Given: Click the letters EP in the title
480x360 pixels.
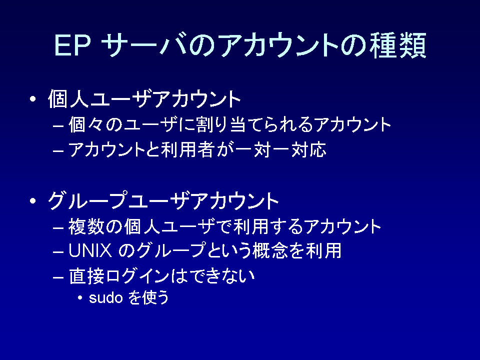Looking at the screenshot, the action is pyautogui.click(x=72, y=45).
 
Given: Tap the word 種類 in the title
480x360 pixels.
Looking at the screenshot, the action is pyautogui.click(x=397, y=45).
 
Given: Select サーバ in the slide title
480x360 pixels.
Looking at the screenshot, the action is pyautogui.click(x=144, y=45).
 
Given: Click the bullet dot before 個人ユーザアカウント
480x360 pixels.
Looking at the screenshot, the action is pyautogui.click(x=33, y=99).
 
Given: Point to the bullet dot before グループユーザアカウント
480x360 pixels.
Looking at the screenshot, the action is pyautogui.click(x=33, y=201).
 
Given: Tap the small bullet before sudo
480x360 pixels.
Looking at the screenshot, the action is pyautogui.click(x=80, y=297).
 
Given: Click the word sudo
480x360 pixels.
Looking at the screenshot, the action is pyautogui.click(x=105, y=297).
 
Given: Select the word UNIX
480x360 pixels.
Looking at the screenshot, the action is pyautogui.click(x=90, y=250).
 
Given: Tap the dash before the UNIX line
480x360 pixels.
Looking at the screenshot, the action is pyautogui.click(x=58, y=252).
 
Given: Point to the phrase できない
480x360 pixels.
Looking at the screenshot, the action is pyautogui.click(x=222, y=275).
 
